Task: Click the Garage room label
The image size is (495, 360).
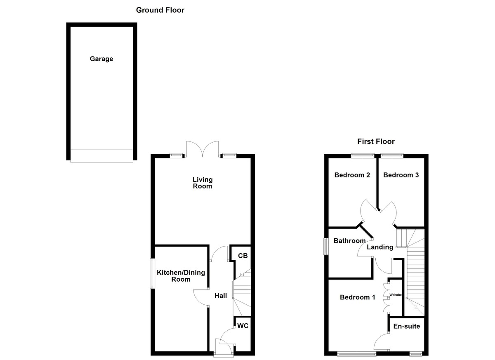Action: point(101,59)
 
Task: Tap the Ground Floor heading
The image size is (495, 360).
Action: point(160,10)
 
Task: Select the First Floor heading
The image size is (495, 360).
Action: point(376,141)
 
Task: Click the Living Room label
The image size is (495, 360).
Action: point(203,183)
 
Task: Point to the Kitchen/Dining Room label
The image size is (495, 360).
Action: point(181,276)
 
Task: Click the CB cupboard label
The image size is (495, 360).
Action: point(243,256)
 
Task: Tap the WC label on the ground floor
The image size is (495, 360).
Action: point(243,326)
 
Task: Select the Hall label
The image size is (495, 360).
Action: point(221,296)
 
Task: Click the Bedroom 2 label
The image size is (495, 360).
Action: point(352,175)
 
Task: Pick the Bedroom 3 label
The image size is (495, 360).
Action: point(401,175)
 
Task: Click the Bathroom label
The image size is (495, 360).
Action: point(349,241)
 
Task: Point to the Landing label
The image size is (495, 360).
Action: point(380,247)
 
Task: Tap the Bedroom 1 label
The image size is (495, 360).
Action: point(357,297)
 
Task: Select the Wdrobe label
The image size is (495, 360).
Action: point(395,295)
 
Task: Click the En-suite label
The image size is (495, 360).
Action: point(407,326)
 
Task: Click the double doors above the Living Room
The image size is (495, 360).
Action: point(202,149)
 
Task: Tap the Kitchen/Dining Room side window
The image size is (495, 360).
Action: point(152,273)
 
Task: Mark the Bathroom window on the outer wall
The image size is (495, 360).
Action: point(326,246)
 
